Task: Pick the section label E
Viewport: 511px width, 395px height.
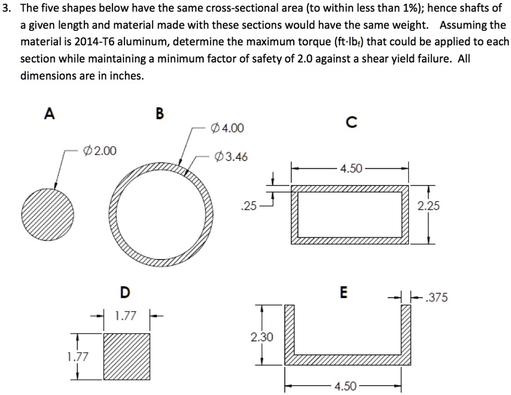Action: pos(343,292)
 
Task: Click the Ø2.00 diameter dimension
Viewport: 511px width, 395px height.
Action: pos(100,151)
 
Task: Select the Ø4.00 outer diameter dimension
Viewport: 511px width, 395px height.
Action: pos(226,128)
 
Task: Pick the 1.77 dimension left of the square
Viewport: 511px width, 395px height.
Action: pos(77,356)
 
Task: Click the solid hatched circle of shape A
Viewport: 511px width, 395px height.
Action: pos(48,211)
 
